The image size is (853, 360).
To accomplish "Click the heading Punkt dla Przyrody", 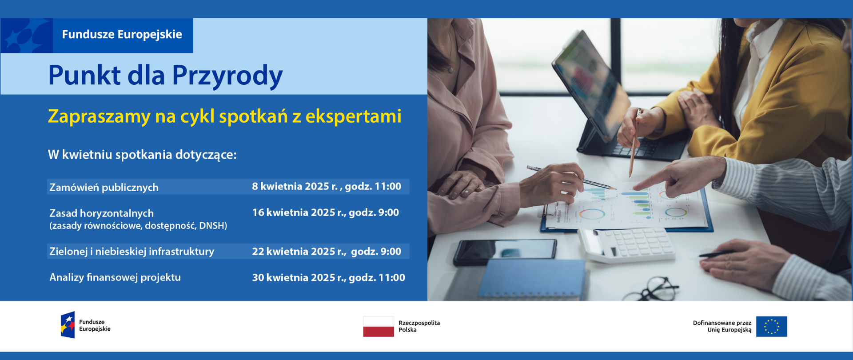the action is pos(165,75).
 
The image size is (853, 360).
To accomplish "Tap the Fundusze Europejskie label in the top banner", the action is pos(122,34).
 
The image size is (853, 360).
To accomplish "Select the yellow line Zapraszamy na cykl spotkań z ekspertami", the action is pos(225,116).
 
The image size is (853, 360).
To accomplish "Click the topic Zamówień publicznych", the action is pos(104,187).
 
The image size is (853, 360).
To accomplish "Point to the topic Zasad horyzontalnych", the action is pos(102,213).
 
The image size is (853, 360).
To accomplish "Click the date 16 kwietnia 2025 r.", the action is pos(299,212).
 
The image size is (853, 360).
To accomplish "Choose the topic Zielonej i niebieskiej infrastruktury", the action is pos(132,252).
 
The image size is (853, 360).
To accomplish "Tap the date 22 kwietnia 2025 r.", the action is pos(299,252).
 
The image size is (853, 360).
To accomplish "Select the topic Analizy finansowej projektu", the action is pos(115,277).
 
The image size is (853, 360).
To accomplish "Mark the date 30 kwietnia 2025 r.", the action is pos(299,278).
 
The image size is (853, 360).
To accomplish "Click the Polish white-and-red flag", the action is pos(379,326).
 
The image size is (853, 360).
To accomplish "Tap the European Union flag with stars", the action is pos(772,327).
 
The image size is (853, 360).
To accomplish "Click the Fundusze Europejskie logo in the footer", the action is pos(86,325).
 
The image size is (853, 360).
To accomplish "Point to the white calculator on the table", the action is pos(626,244).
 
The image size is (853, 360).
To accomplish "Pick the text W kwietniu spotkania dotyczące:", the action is pos(142,155).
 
